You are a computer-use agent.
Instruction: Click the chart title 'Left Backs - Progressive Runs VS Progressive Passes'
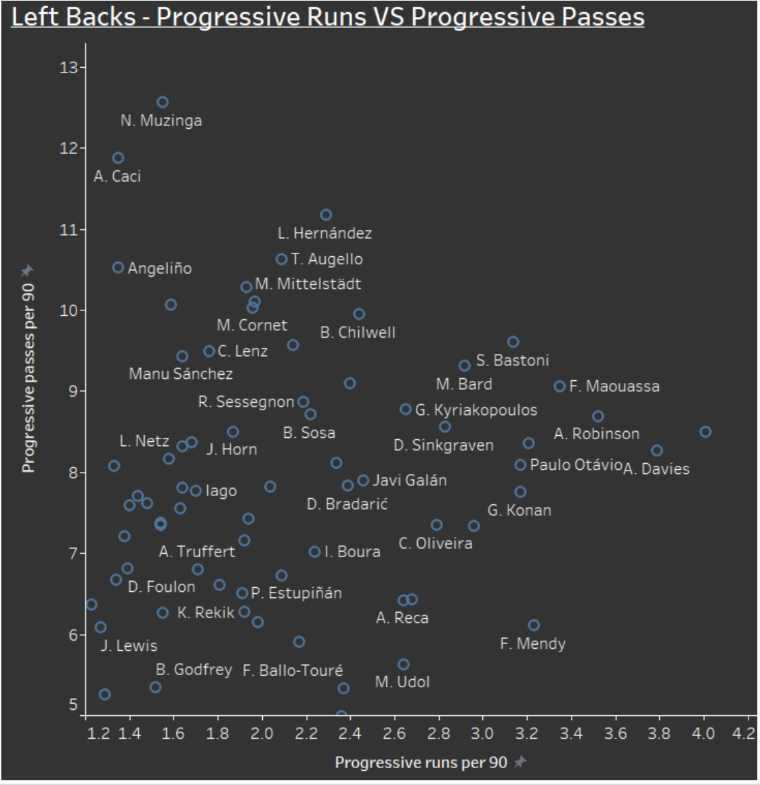(328, 16)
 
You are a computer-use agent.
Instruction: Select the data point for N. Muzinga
(163, 102)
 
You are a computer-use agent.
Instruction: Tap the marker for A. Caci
(118, 158)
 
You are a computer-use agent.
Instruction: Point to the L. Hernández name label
(324, 233)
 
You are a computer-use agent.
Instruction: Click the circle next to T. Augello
(282, 259)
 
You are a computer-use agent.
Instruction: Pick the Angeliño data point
(118, 267)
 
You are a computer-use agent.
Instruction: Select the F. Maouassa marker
(560, 386)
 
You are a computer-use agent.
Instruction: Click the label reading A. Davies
(656, 469)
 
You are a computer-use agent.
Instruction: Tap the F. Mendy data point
(534, 625)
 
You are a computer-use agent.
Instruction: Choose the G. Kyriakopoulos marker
(406, 409)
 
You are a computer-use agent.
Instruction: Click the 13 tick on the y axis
(69, 67)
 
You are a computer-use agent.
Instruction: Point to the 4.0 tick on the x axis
(703, 733)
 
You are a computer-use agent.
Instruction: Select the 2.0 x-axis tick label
(261, 733)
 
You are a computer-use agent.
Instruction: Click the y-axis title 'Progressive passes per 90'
(28, 378)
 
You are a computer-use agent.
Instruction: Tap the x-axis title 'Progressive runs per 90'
(421, 763)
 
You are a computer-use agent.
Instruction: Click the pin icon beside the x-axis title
(520, 762)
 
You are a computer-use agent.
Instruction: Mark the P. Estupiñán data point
(242, 593)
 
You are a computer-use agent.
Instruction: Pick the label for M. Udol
(402, 682)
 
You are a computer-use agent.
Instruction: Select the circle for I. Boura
(315, 552)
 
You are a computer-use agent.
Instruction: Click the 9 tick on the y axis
(74, 391)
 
